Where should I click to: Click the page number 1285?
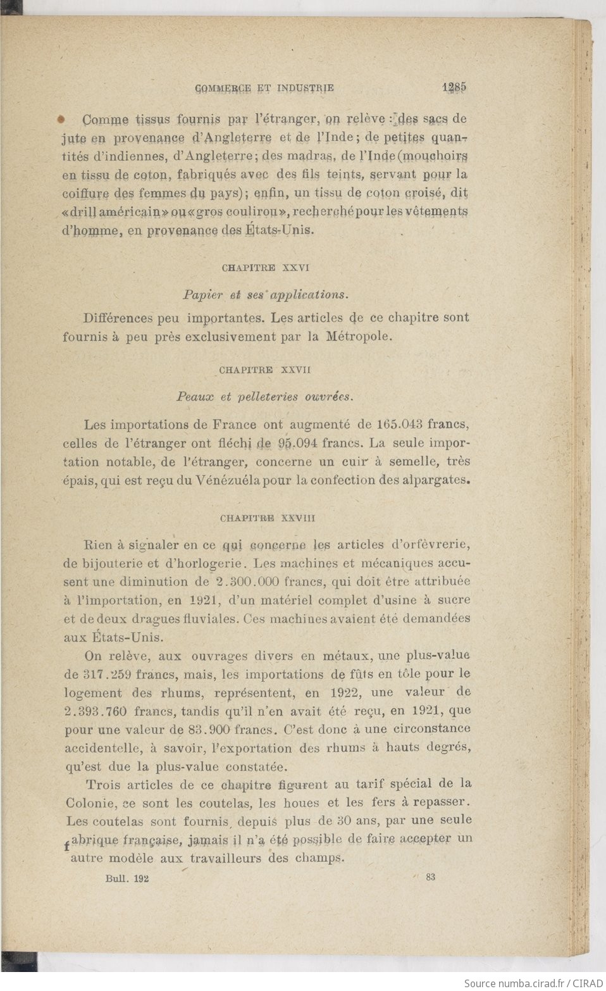click(x=454, y=89)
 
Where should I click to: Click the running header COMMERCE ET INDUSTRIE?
click(x=264, y=89)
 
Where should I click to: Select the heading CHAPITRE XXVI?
click(x=266, y=268)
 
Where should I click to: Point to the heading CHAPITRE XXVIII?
click(x=268, y=518)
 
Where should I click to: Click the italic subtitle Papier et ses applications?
click(x=266, y=294)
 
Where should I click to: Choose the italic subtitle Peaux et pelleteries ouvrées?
click(x=264, y=397)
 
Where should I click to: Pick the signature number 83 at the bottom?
click(x=431, y=877)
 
